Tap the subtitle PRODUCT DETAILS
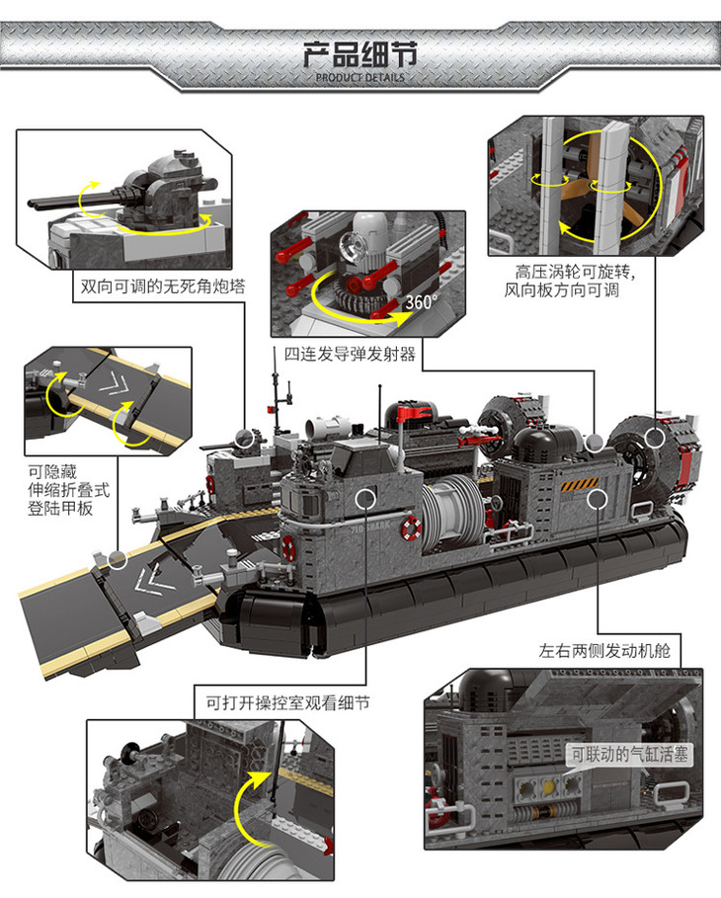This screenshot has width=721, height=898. coord(360,77)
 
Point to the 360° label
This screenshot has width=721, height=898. coord(421,302)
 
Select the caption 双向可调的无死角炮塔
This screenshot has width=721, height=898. coord(163,286)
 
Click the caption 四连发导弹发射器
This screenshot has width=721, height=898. coord(351,353)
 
